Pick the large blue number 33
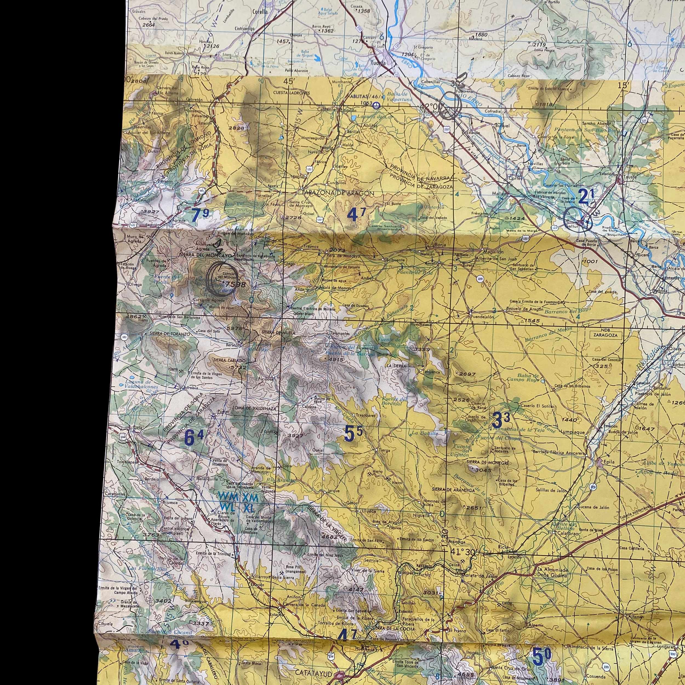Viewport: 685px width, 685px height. point(501,420)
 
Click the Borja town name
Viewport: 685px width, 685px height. point(440,245)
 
